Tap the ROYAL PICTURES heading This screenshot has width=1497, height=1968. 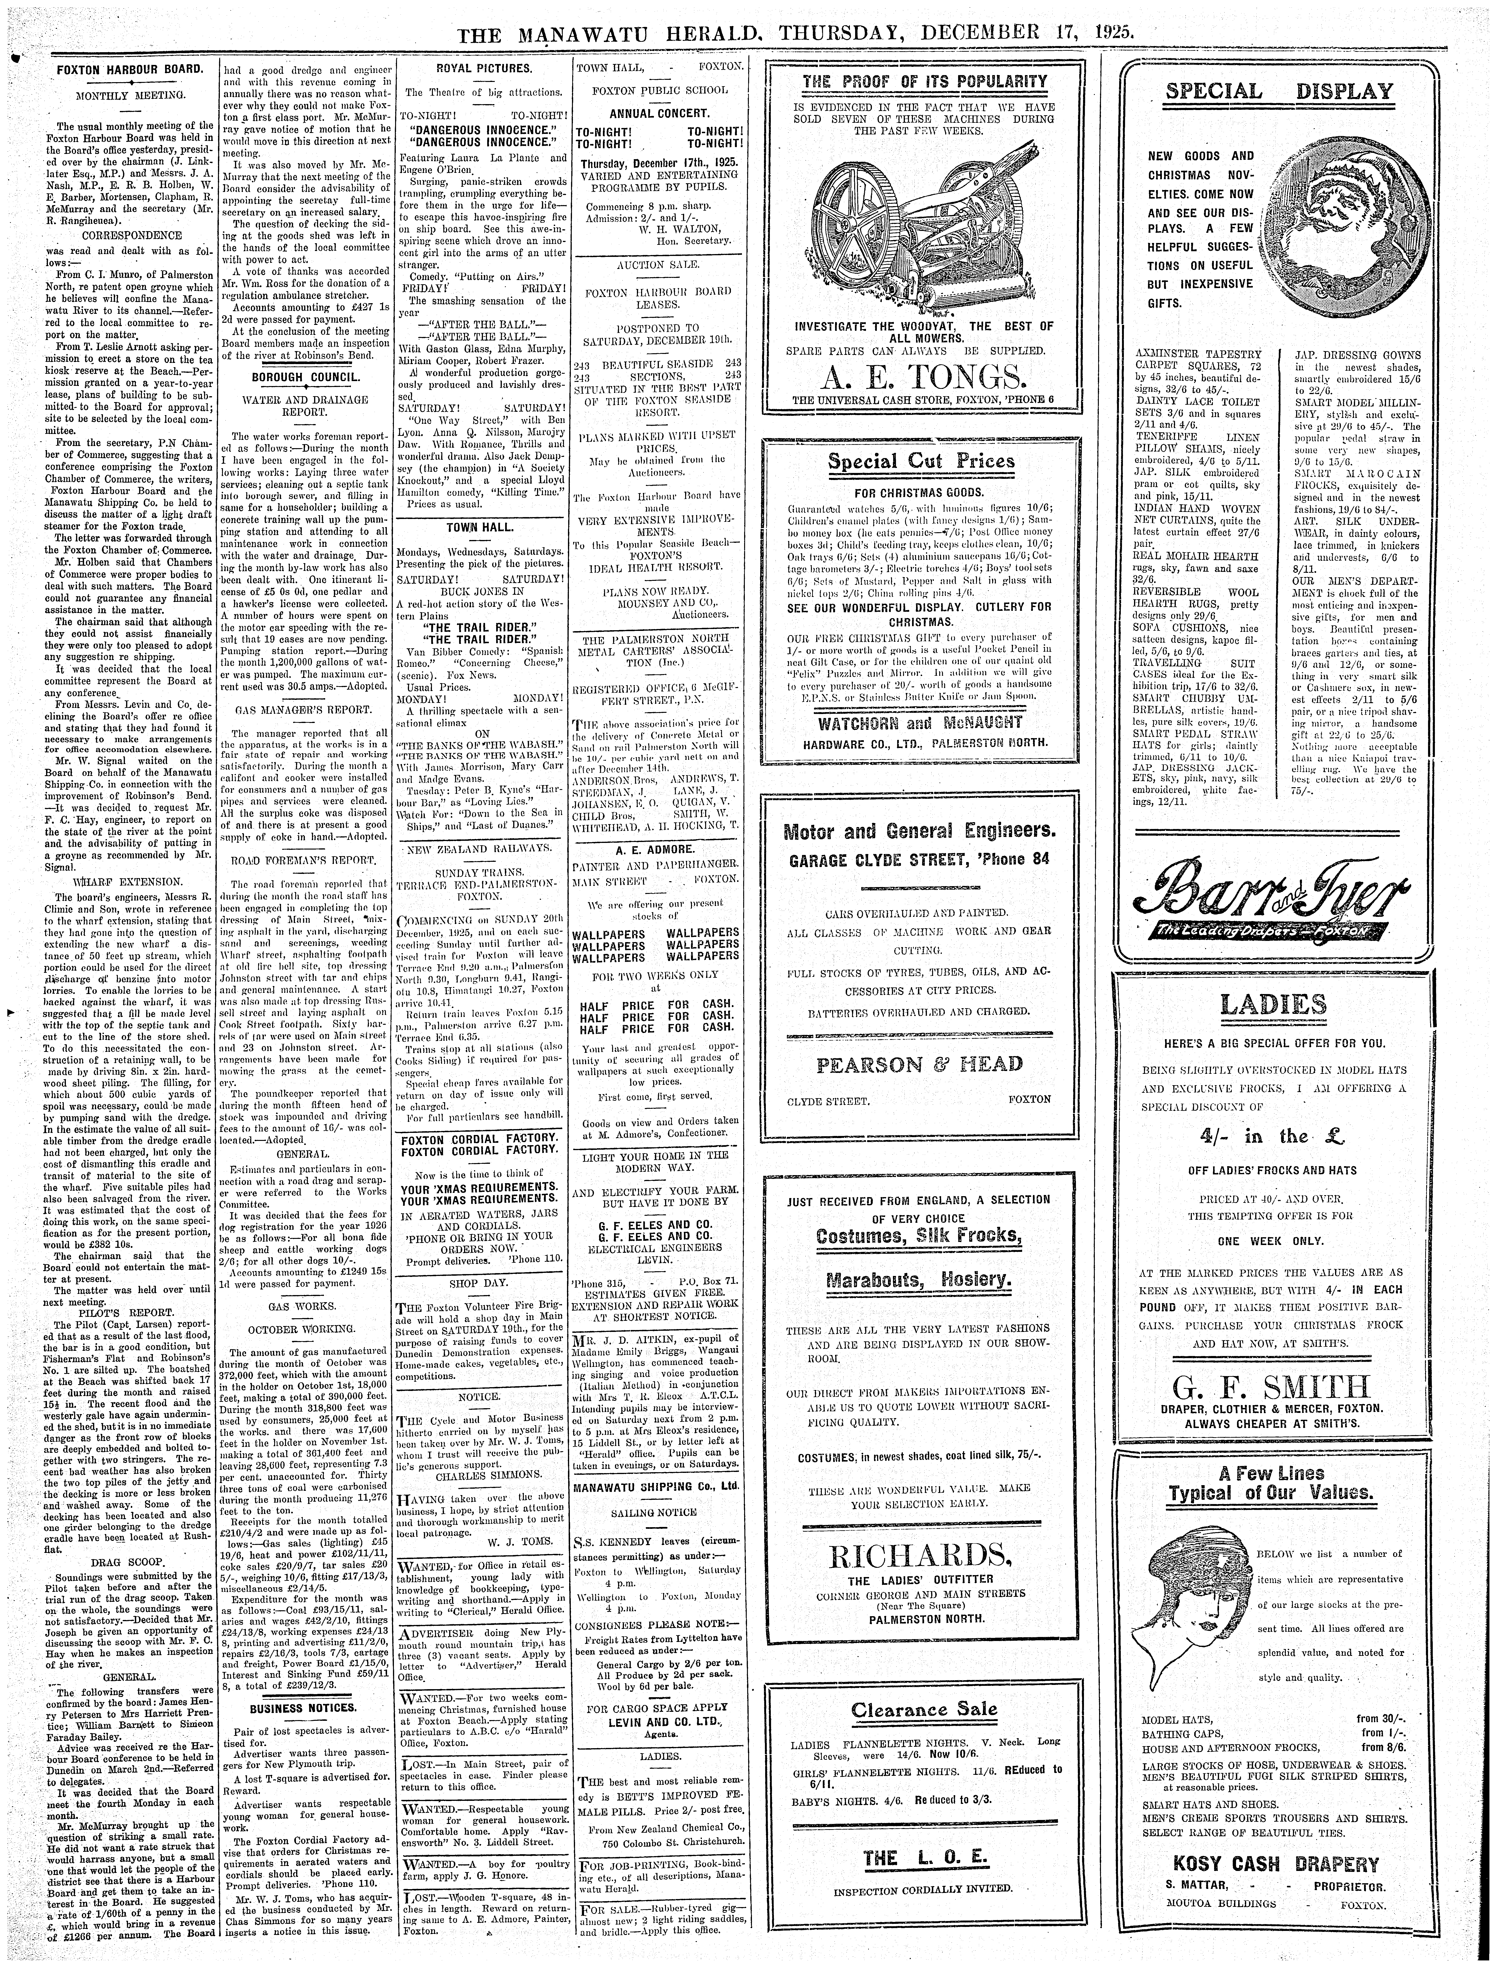click(484, 69)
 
